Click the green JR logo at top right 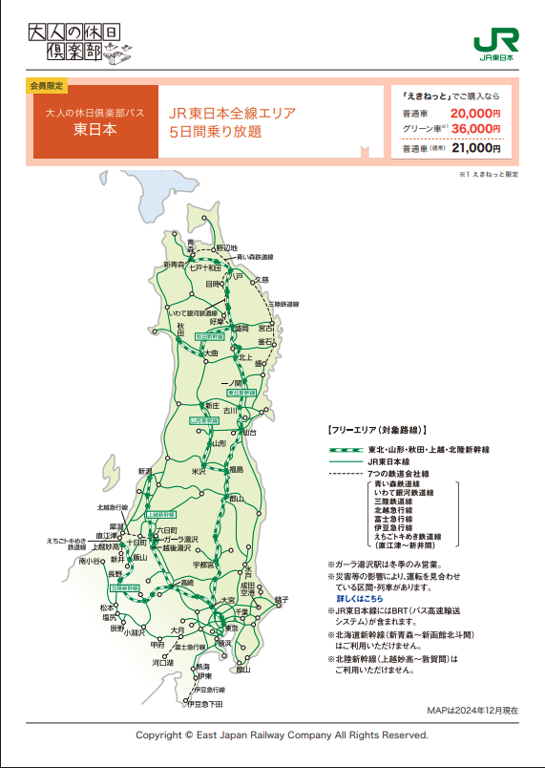click(x=496, y=41)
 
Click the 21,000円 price click(x=475, y=148)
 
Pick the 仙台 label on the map click(x=250, y=432)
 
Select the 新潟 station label click(x=145, y=471)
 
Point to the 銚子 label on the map click(x=281, y=599)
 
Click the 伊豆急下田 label click(x=204, y=704)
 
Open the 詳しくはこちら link click(x=359, y=598)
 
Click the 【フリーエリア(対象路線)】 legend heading click(x=376, y=430)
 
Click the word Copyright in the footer click(x=158, y=736)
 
